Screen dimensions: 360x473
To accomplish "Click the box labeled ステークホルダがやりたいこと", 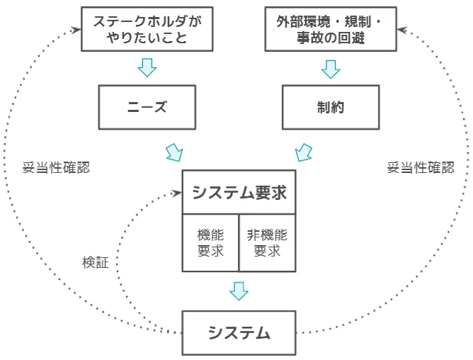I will click(147, 29).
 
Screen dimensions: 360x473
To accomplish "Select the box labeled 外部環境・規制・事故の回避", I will click(330, 29).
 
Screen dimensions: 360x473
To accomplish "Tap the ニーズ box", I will click(147, 107).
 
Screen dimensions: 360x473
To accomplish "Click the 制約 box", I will click(330, 107).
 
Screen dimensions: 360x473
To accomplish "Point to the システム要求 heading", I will click(239, 192).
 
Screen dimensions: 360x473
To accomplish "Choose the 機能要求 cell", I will click(210, 242).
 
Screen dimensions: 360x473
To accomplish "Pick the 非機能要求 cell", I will click(267, 242).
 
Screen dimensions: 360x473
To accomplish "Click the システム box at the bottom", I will click(239, 332).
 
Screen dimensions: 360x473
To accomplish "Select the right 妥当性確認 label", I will click(421, 168).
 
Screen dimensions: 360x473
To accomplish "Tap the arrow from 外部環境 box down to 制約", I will click(331, 69).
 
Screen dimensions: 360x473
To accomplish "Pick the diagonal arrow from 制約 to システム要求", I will click(303, 152).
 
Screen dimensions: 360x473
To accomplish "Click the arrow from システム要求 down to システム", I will click(239, 291).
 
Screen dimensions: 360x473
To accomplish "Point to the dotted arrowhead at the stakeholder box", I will click(75, 30).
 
